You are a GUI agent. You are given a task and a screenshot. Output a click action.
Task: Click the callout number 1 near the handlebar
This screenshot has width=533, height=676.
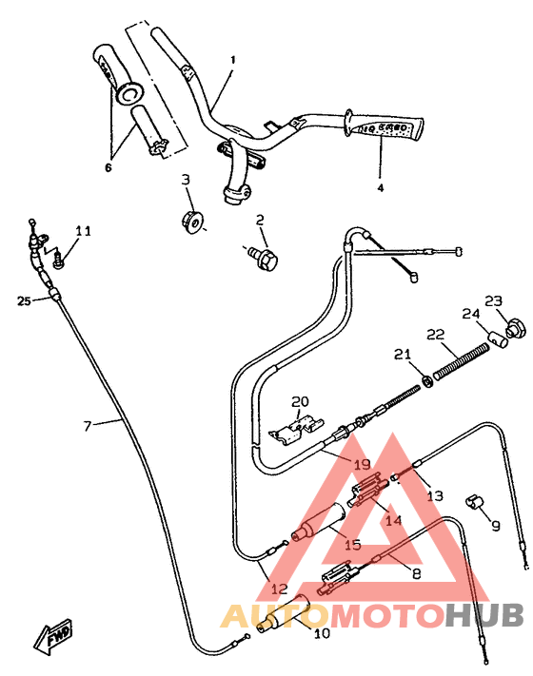pyautogui.click(x=231, y=59)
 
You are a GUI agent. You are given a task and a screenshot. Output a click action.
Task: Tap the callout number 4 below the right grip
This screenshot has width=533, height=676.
pyautogui.click(x=381, y=187)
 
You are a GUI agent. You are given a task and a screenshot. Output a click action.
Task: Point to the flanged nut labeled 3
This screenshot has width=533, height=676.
pyautogui.click(x=191, y=222)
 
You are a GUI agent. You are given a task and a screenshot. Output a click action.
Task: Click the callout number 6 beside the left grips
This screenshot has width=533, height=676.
pyautogui.click(x=108, y=167)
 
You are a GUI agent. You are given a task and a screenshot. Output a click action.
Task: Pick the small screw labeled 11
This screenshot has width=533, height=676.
pyautogui.click(x=59, y=255)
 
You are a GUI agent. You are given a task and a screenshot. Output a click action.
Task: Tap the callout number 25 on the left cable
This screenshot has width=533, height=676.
pyautogui.click(x=24, y=300)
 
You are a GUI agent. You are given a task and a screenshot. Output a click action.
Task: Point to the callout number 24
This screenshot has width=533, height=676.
pyautogui.click(x=469, y=315)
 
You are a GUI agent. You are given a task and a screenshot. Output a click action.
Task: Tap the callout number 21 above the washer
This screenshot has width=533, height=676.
pyautogui.click(x=402, y=354)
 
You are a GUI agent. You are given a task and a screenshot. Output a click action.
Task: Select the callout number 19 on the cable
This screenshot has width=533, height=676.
pyautogui.click(x=362, y=465)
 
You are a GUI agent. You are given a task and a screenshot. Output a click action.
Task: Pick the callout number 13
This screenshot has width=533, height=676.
pyautogui.click(x=434, y=495)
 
